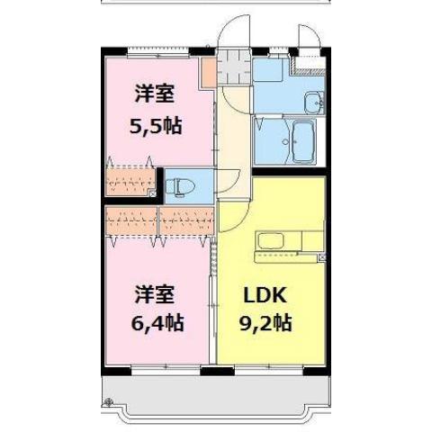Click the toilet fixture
[x=176, y=187]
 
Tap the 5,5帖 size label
[x=156, y=125]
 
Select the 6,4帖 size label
[x=158, y=321]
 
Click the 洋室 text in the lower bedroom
[x=155, y=293]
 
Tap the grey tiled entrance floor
[x=232, y=65]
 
